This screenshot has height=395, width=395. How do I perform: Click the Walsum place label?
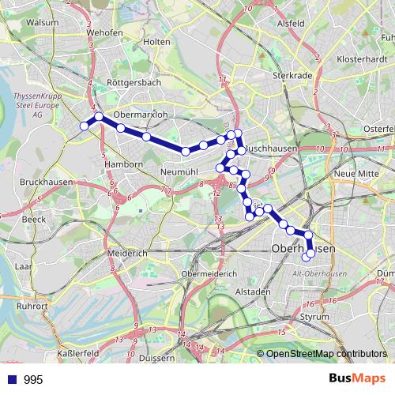click(x=42, y=23)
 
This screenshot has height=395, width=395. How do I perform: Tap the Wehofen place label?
click(x=106, y=32)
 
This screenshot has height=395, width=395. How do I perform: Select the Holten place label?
click(x=158, y=41)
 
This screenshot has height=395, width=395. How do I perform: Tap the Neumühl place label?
click(x=179, y=171)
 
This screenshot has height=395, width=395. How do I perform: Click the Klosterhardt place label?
click(x=360, y=59)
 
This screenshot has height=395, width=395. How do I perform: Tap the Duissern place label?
click(x=156, y=358)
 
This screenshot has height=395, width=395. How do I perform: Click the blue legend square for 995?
click(x=12, y=379)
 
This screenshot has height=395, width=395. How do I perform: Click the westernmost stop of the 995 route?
click(x=85, y=125)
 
